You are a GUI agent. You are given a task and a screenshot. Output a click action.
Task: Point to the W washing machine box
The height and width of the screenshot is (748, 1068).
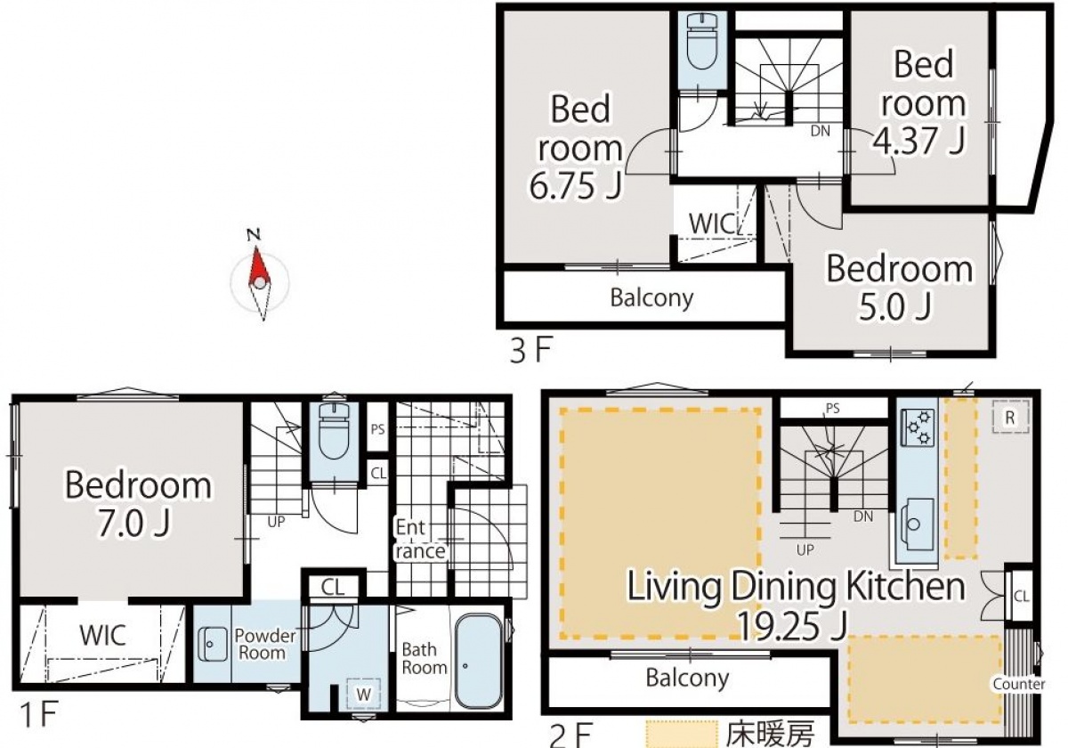click(364, 695)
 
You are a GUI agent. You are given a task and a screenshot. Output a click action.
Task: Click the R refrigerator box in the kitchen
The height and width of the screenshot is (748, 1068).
click(1010, 417)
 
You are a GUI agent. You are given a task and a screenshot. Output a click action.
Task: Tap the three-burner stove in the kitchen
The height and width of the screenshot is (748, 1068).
click(918, 428)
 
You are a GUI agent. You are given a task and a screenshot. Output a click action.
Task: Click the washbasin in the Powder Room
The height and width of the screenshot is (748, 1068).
click(212, 644)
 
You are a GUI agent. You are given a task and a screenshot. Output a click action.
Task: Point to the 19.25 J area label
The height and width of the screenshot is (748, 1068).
click(792, 626)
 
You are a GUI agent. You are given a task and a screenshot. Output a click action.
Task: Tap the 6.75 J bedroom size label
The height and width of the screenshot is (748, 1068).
click(576, 186)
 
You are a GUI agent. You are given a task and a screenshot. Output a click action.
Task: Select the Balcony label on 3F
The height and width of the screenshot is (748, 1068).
click(651, 298)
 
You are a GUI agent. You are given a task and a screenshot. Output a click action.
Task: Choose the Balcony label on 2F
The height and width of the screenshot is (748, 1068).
click(687, 678)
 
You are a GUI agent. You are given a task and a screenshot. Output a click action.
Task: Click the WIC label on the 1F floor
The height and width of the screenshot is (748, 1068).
click(103, 635)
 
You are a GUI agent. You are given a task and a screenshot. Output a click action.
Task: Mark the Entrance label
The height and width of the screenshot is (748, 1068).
click(419, 539)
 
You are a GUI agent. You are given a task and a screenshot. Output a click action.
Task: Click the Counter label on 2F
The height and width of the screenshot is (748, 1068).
click(1019, 684)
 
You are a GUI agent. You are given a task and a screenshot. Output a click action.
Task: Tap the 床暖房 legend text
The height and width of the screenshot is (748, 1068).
click(770, 735)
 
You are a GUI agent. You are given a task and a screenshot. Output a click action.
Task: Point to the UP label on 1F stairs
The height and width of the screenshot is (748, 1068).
click(276, 522)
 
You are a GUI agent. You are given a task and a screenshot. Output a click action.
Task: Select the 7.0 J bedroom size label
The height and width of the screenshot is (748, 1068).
click(133, 524)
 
